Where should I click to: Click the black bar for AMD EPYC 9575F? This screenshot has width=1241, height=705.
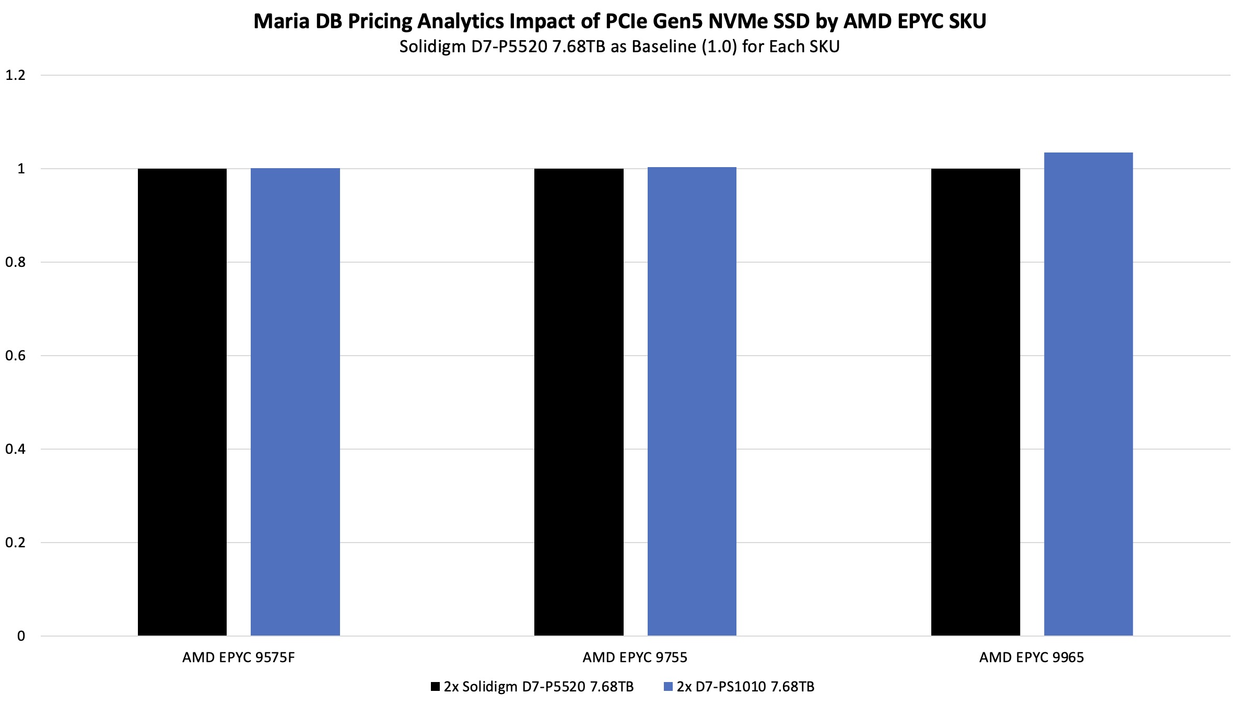(x=182, y=402)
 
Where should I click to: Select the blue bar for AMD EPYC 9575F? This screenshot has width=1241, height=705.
(x=295, y=402)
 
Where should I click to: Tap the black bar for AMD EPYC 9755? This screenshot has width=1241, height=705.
(x=579, y=402)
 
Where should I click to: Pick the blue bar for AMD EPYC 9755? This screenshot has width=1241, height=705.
(x=692, y=402)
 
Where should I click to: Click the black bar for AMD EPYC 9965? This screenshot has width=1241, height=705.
(x=975, y=402)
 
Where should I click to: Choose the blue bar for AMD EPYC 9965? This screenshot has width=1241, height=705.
(x=1088, y=394)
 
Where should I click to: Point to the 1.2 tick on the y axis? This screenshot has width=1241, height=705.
(x=15, y=75)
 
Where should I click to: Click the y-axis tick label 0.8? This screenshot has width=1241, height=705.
(x=15, y=262)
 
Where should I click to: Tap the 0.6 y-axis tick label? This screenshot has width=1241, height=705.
(x=15, y=356)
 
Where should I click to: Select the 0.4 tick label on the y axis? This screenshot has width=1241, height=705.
(x=15, y=449)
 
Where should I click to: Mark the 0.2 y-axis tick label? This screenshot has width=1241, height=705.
(x=15, y=543)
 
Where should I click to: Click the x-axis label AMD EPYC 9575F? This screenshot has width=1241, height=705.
(x=238, y=657)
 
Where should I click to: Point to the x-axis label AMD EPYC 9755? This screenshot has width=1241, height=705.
(x=635, y=657)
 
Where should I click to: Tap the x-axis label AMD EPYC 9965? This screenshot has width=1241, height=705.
(x=1031, y=657)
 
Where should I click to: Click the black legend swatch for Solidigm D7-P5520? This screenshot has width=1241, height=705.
(x=435, y=687)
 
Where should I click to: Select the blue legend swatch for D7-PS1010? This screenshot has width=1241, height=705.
(x=668, y=687)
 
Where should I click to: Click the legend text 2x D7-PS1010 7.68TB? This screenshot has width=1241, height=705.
(x=745, y=687)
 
